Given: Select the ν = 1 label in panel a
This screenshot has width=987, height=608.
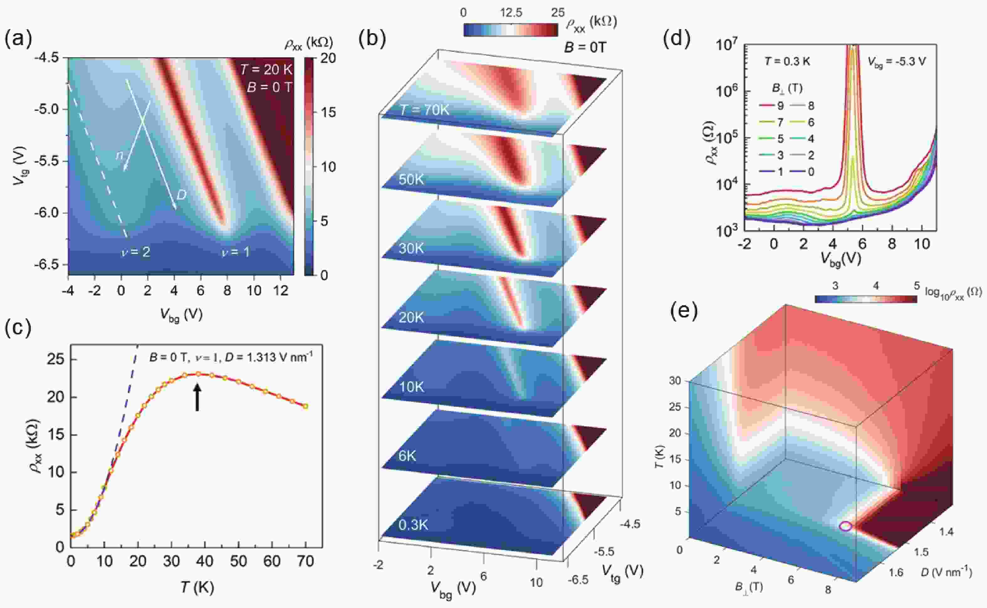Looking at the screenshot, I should pos(236,252).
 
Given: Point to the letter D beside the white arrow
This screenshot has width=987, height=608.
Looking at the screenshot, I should pos(181,196).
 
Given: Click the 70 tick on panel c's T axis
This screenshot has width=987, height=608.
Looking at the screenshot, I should pos(305,561).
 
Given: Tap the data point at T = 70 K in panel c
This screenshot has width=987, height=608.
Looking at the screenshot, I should pos(305,406).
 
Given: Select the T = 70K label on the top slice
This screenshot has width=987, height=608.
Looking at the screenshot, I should pos(425,109).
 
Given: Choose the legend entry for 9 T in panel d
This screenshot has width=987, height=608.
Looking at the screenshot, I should pos(772,106).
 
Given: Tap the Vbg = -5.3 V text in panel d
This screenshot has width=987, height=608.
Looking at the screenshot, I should pos(896,62).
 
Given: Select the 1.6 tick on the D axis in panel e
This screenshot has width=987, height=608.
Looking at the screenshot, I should pos(895,572).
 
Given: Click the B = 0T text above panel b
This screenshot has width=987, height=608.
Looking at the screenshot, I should pos(585,47).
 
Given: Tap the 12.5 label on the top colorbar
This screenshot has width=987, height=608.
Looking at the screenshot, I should pos(511,13).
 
